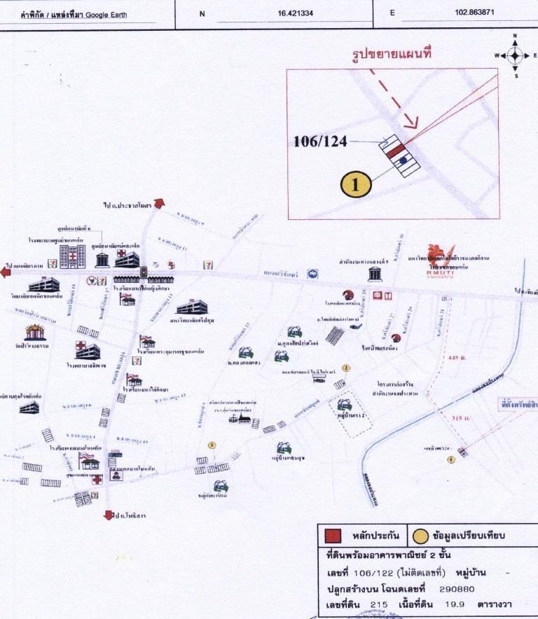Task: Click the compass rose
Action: point(515,55)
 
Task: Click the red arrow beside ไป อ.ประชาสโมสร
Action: point(158,203)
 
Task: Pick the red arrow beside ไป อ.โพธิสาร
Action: point(109,515)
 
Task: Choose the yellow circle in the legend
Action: point(420,536)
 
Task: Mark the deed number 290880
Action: point(461,589)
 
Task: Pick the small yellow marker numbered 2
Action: point(345,367)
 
